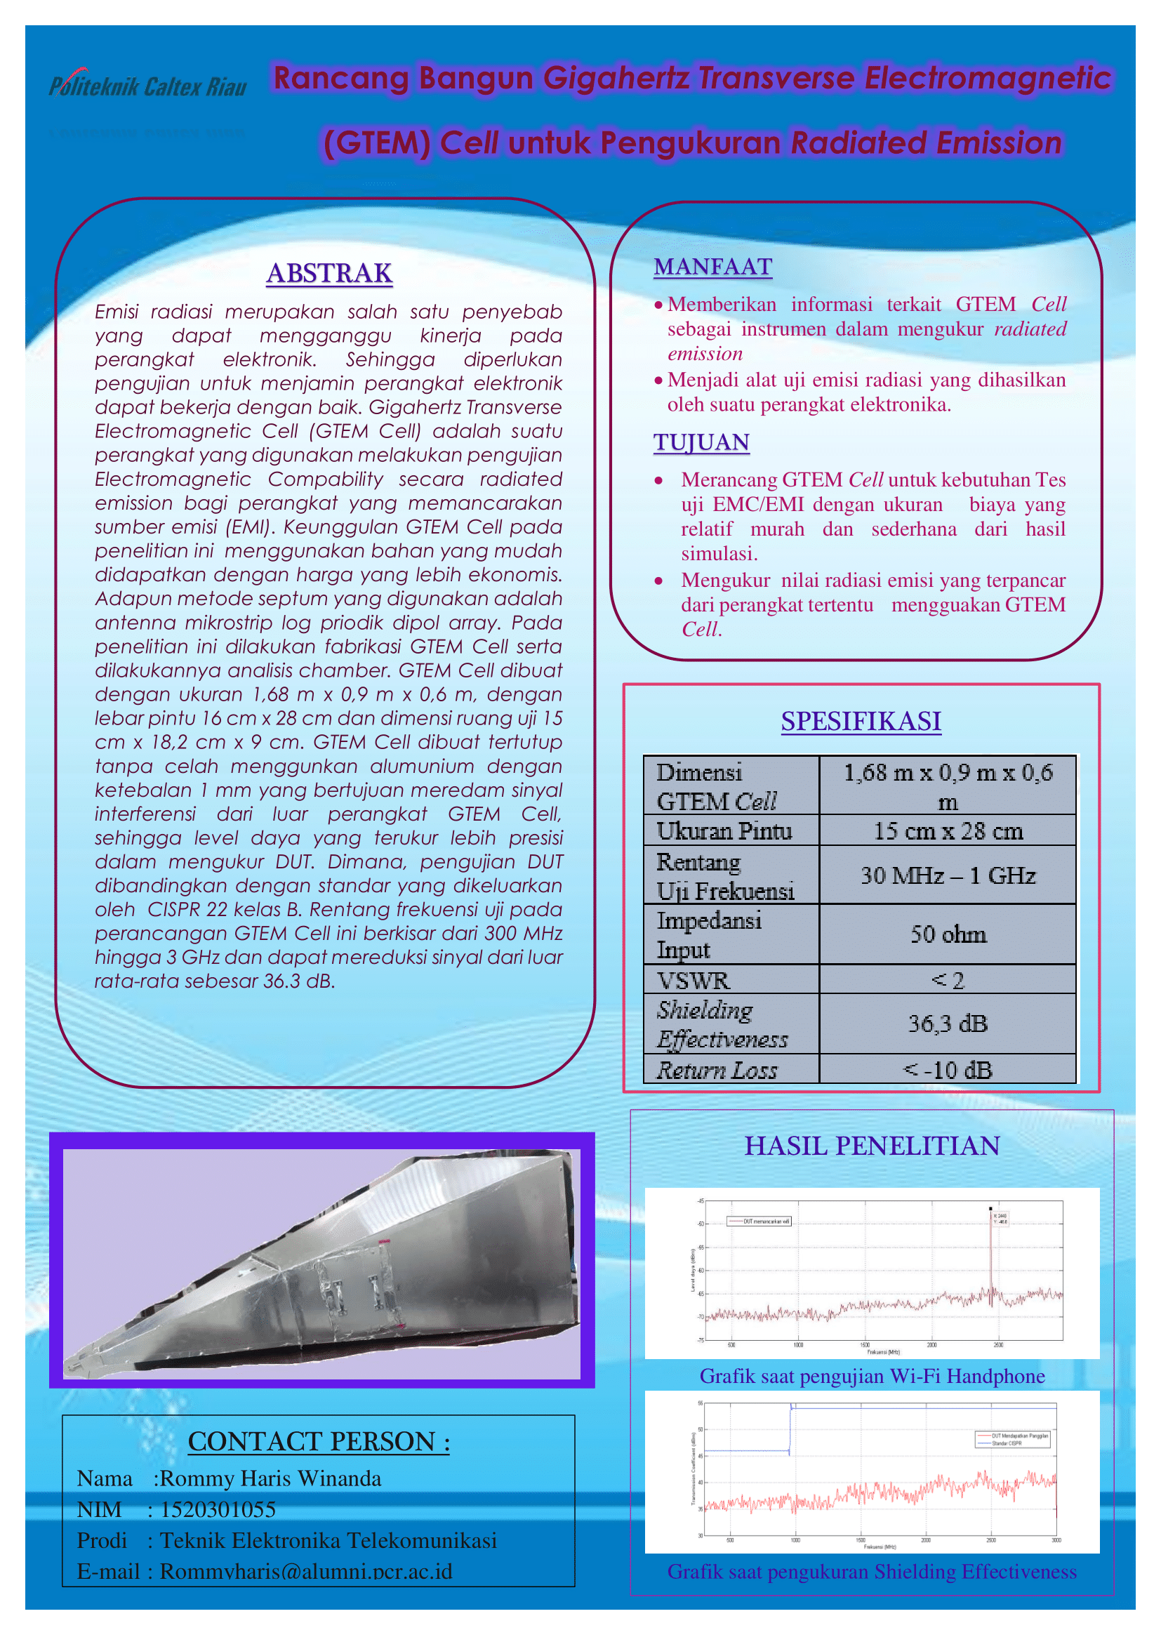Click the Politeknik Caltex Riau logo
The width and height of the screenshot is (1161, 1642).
point(147,86)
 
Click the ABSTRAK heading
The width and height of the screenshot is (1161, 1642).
point(330,273)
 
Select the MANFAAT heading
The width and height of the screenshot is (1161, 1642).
point(712,267)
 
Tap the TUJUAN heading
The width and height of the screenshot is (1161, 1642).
point(701,442)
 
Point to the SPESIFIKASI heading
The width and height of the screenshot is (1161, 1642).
point(861,721)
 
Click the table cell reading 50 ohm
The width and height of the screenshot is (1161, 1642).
point(948,934)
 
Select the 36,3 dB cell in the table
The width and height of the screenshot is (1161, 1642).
point(948,1024)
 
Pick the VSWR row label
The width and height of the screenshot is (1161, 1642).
point(694,980)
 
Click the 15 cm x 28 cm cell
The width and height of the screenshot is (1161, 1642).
point(948,831)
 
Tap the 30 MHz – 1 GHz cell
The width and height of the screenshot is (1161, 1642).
point(948,875)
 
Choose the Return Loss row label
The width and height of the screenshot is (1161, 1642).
point(717,1070)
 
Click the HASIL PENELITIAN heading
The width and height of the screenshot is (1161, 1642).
point(873,1146)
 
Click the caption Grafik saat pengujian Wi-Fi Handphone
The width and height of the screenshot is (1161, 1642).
point(873,1376)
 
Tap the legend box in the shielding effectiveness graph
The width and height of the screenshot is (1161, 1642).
point(1013,1439)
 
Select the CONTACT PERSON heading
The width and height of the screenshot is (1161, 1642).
point(319,1441)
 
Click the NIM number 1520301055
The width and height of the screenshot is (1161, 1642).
point(218,1509)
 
